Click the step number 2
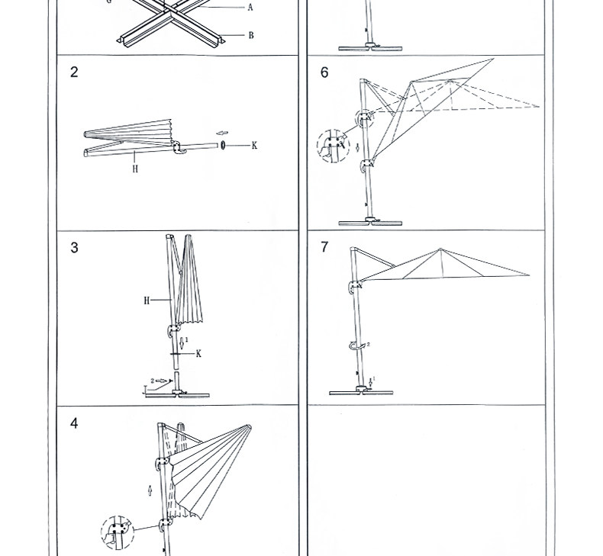[x=74, y=72]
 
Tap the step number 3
[x=74, y=248]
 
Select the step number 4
[x=74, y=423]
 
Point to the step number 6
[x=324, y=72]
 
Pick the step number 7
[x=324, y=247]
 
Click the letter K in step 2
[x=254, y=145]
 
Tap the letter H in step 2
[x=135, y=169]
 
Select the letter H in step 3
[x=147, y=300]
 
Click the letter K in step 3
[x=198, y=353]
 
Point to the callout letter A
[x=250, y=8]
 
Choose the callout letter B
[x=250, y=35]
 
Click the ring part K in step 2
[x=223, y=145]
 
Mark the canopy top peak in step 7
[x=440, y=249]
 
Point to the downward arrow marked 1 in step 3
[x=180, y=342]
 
